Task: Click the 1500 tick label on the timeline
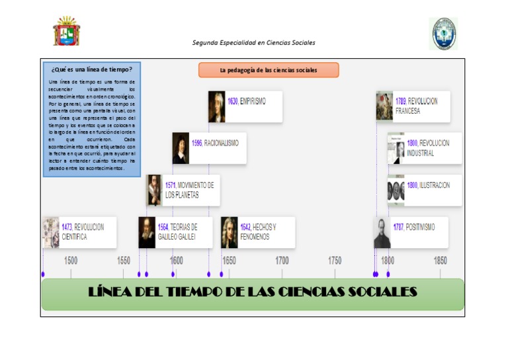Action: pyautogui.click(x=71, y=261)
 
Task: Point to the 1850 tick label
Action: pyautogui.click(x=440, y=261)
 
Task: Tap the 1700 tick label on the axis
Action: pyautogui.click(x=282, y=261)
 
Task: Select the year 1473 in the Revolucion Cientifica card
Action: pyautogui.click(x=67, y=227)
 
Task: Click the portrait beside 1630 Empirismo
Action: pyautogui.click(x=217, y=107)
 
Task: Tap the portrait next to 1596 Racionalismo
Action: pyautogui.click(x=181, y=148)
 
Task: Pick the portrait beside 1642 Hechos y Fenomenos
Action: pyautogui.click(x=230, y=232)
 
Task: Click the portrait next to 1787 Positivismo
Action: pyautogui.click(x=382, y=232)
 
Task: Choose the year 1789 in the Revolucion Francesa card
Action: pyautogui.click(x=401, y=101)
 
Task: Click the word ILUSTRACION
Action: pyautogui.click(x=435, y=185)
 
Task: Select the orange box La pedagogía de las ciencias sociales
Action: pyautogui.click(x=269, y=70)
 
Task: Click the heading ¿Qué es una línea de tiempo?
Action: pyautogui.click(x=91, y=69)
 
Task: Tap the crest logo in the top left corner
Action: pyautogui.click(x=66, y=32)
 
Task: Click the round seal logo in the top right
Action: pyautogui.click(x=443, y=33)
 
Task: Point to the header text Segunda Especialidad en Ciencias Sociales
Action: pyautogui.click(x=253, y=42)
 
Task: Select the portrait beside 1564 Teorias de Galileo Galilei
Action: pyautogui.click(x=147, y=232)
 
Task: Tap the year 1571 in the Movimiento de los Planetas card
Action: pyautogui.click(x=170, y=185)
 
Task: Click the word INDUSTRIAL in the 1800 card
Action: pyautogui.click(x=421, y=153)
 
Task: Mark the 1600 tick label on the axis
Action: pyautogui.click(x=177, y=261)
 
